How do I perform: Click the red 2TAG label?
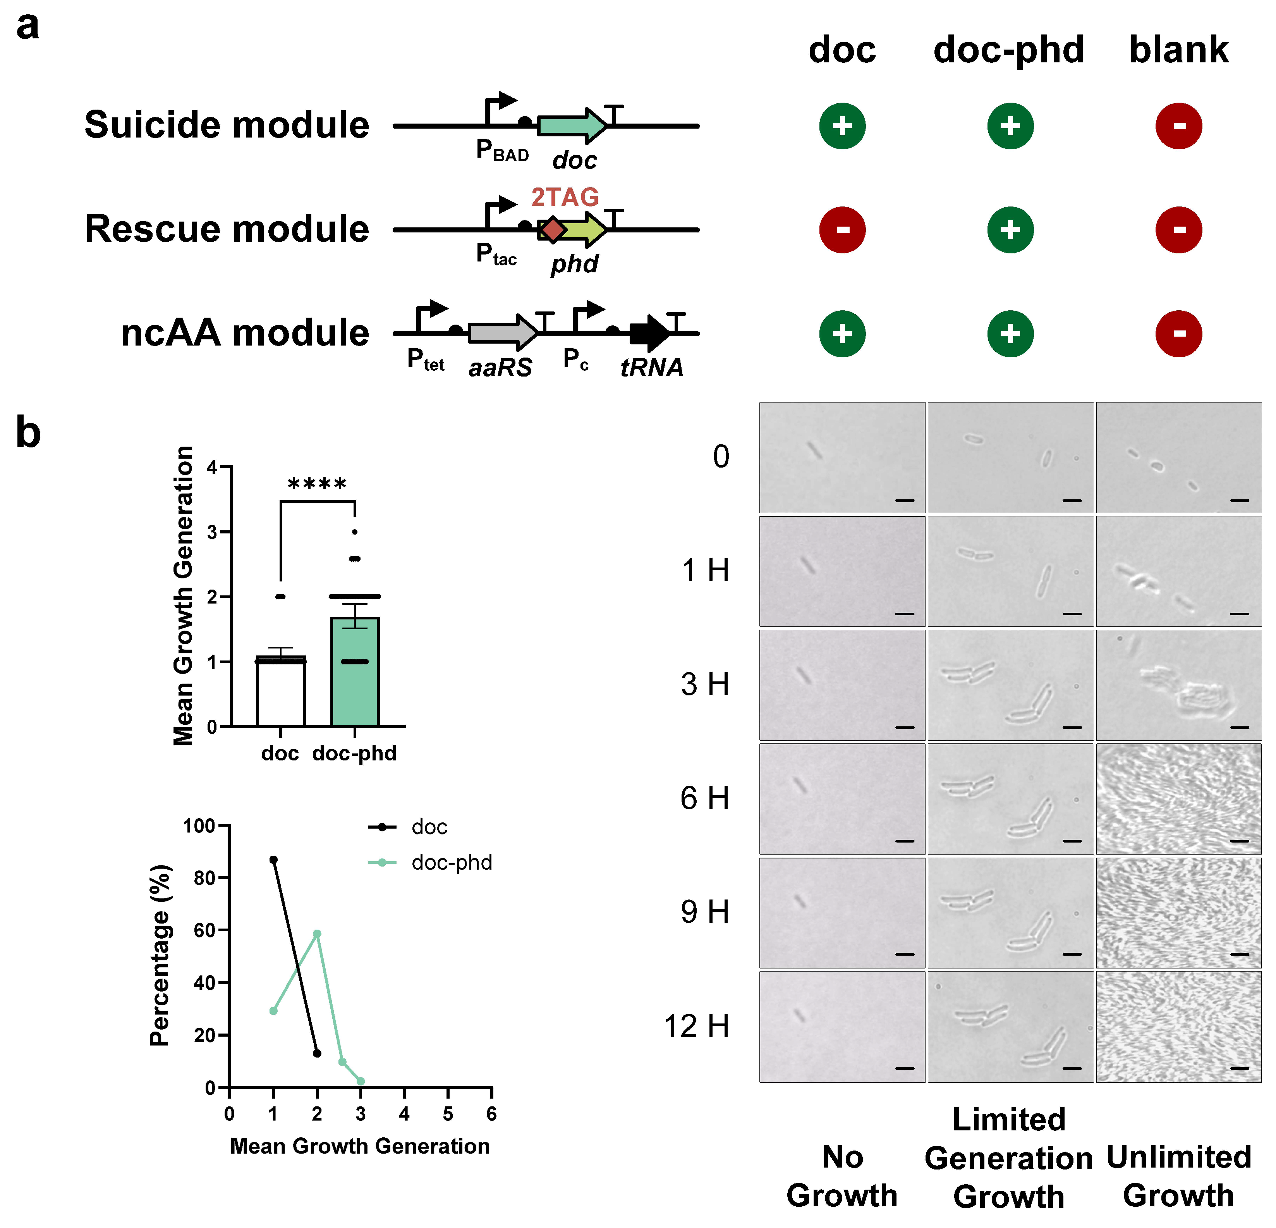pyautogui.click(x=565, y=197)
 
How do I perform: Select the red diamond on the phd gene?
pyautogui.click(x=553, y=230)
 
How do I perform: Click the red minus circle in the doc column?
pyautogui.click(x=842, y=230)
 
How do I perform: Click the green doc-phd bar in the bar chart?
pyautogui.click(x=355, y=677)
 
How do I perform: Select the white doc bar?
pyautogui.click(x=281, y=693)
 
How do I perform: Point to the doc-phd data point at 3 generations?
pyautogui.click(x=361, y=1082)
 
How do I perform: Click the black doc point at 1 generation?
pyautogui.click(x=273, y=860)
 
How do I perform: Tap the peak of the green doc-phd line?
pyautogui.click(x=317, y=934)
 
